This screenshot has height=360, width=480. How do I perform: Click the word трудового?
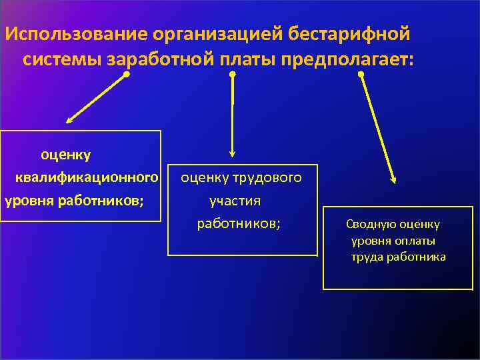[x=269, y=178]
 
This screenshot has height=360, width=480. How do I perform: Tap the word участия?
[x=235, y=201]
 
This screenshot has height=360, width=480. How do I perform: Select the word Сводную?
[x=369, y=225]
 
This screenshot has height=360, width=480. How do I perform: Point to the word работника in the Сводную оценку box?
[x=420, y=257]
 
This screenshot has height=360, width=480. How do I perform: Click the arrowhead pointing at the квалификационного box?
[x=69, y=121]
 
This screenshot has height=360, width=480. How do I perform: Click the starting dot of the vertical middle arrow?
[x=233, y=75]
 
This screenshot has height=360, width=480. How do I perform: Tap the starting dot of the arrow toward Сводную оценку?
[x=361, y=75]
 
